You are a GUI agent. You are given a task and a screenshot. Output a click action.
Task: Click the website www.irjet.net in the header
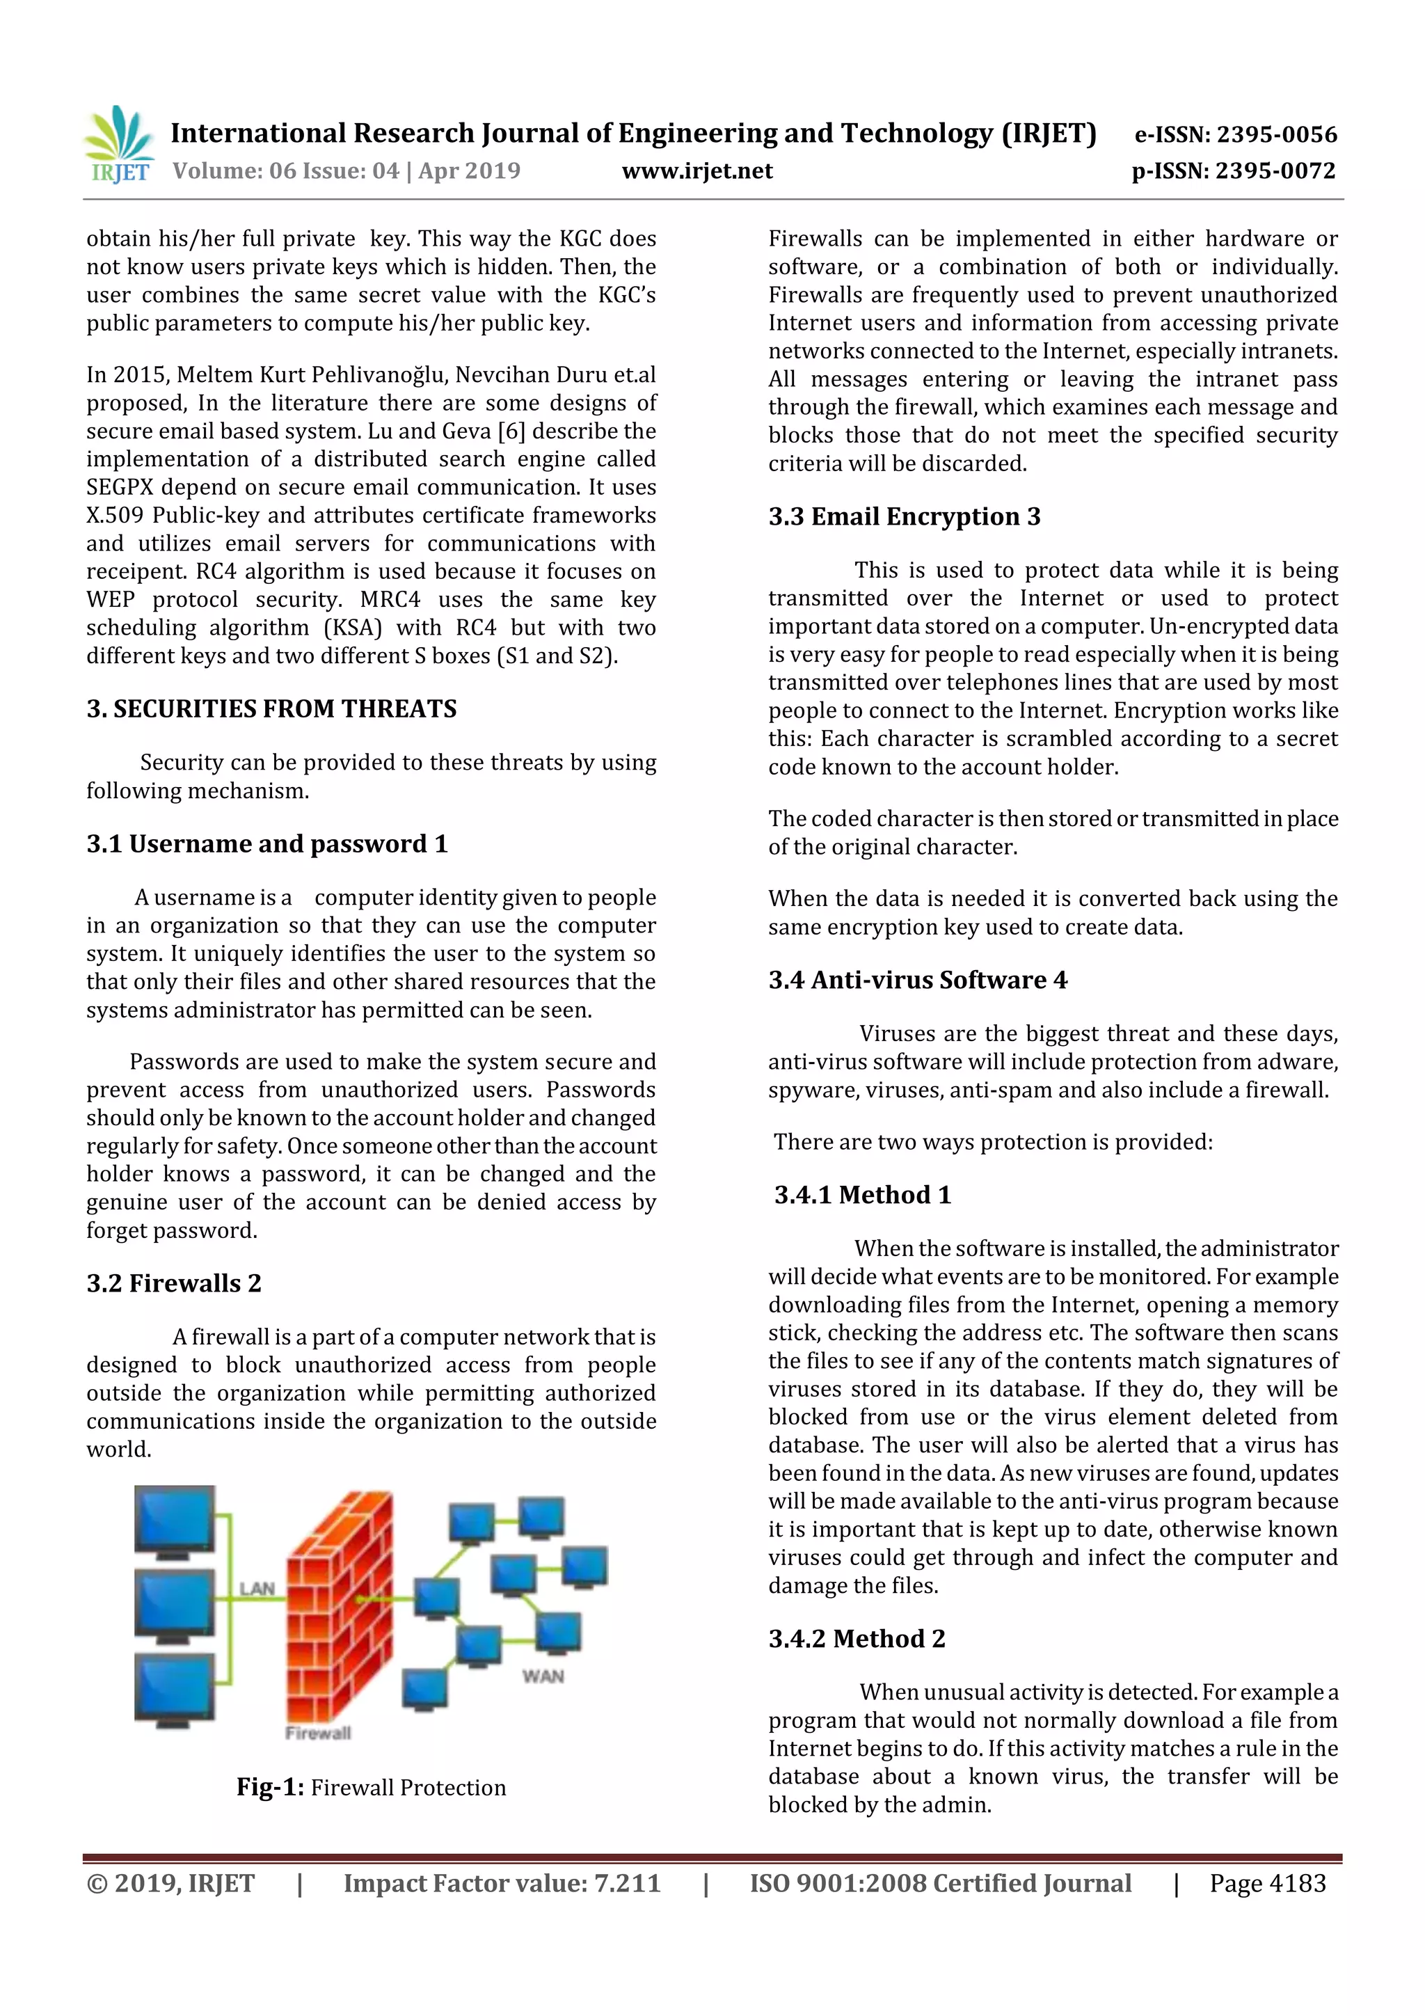697,171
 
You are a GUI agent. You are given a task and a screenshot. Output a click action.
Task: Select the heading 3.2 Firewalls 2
174,1284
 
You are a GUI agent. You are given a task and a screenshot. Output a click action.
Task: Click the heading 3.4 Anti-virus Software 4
918,980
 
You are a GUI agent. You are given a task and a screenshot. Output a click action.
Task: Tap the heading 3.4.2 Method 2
856,1640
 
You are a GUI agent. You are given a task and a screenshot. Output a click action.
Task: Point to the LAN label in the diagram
257,1589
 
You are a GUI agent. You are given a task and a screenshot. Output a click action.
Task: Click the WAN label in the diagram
543,1676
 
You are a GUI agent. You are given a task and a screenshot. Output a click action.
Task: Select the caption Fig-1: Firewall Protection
371,1788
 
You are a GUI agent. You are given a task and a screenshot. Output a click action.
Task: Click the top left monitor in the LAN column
175,1520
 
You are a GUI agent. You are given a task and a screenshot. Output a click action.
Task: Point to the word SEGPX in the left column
120,487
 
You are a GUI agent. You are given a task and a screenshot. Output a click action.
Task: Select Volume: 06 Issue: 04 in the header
285,171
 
